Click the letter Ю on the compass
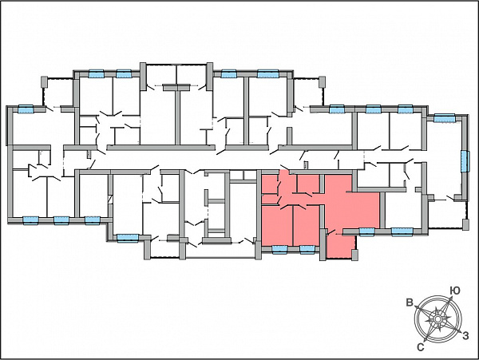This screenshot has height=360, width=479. point(455,291)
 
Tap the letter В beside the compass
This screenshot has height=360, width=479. point(410,303)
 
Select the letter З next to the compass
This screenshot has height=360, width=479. point(465,335)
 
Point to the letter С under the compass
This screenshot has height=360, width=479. point(421,347)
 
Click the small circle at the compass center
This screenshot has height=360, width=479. point(437,319)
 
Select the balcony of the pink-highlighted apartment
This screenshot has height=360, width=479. point(342,246)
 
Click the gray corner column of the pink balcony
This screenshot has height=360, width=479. point(354,255)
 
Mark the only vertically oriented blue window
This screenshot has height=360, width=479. point(465,161)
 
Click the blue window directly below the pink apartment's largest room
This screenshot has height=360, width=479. point(367,231)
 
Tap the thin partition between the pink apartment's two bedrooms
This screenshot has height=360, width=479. point(293,225)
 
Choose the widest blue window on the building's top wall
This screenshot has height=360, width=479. point(268,73)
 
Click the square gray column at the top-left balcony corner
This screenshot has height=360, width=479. point(44,81)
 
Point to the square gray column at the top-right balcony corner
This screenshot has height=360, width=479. point(322,81)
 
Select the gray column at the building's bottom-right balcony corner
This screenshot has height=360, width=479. point(465,224)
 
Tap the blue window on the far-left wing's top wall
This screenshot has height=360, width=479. point(26,109)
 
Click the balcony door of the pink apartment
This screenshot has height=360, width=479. point(331,233)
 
